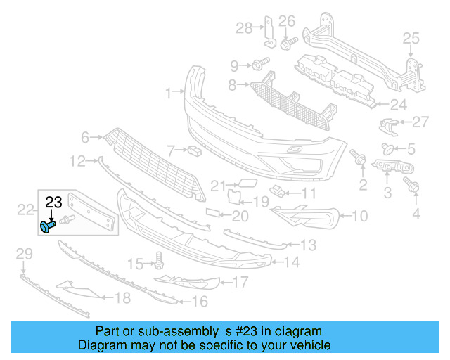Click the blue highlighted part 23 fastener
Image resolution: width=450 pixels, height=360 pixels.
point(49,226)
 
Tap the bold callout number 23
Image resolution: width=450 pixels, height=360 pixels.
point(54,203)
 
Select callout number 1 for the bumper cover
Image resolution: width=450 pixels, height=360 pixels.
point(169,93)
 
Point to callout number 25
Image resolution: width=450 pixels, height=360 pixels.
point(411,37)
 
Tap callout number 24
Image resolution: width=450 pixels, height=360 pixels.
point(399,105)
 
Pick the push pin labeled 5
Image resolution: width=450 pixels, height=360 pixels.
point(387,148)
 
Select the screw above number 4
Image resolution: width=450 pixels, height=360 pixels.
point(413,186)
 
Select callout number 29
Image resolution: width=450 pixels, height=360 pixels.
point(24,253)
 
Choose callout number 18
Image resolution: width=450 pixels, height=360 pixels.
point(122,298)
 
